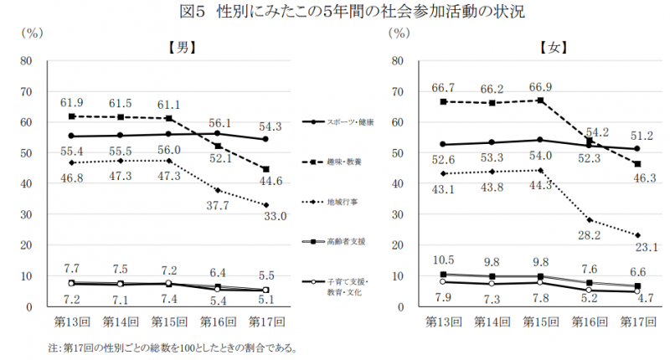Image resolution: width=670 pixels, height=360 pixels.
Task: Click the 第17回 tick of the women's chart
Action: point(637,321)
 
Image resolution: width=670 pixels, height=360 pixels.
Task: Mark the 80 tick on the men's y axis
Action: point(26,61)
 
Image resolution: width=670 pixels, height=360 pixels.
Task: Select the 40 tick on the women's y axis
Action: point(398,184)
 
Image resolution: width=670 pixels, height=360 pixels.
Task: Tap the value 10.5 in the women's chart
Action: point(443,260)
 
